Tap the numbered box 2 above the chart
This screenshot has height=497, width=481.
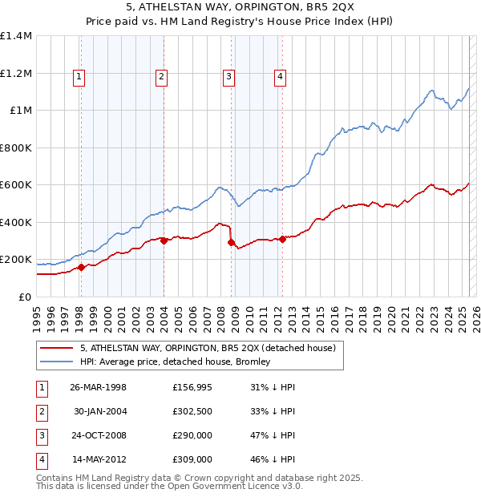161,77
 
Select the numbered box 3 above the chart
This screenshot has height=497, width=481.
228,77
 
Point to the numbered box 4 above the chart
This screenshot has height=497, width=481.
280,77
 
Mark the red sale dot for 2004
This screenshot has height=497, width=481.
164,240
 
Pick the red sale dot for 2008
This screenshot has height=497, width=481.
231,242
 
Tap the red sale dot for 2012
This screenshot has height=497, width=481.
282,239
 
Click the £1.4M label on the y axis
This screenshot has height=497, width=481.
16,36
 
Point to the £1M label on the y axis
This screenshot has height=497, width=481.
21,111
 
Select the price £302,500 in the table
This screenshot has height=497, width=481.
192,411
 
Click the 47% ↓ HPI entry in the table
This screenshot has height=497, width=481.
273,435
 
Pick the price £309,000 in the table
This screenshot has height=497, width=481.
192,459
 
